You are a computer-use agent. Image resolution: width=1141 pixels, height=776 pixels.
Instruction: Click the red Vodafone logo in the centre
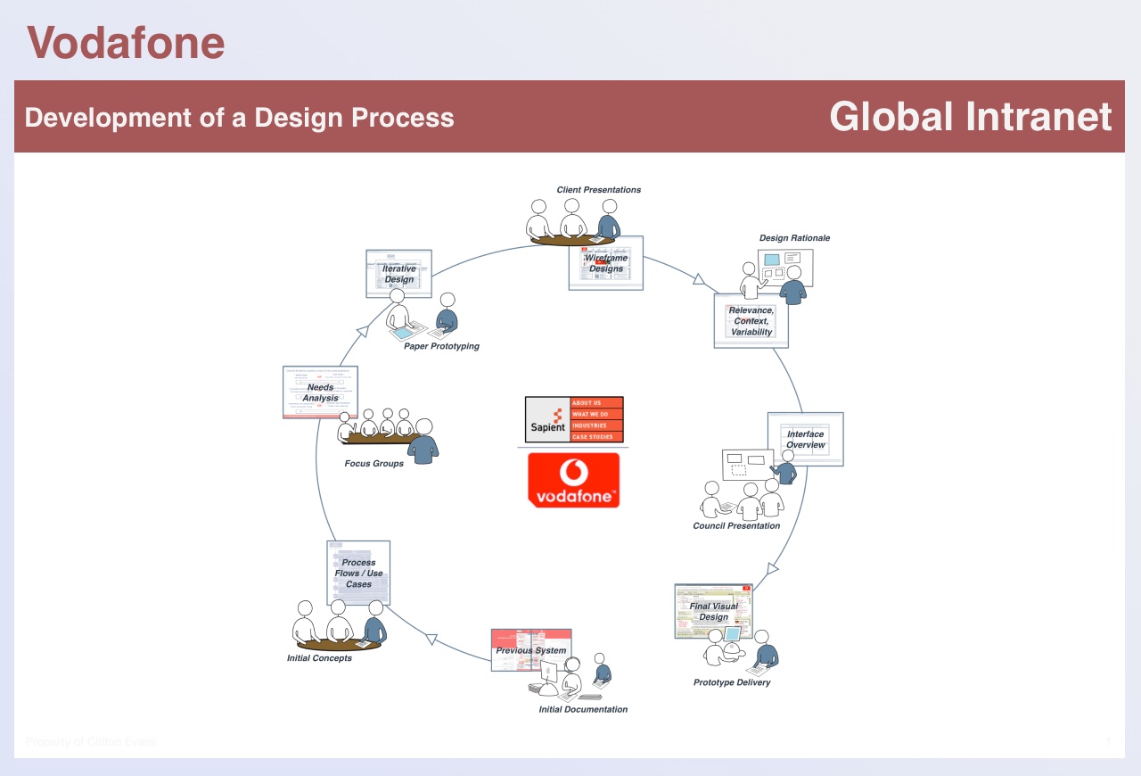tap(573, 480)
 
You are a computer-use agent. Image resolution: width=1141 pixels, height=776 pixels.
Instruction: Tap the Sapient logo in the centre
tap(574, 419)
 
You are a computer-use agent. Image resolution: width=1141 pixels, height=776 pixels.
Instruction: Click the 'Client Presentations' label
tap(598, 190)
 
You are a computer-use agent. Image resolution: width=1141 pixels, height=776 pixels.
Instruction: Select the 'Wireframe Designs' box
tap(606, 263)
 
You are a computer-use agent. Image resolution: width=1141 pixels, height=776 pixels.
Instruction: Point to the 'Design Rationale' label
tap(794, 238)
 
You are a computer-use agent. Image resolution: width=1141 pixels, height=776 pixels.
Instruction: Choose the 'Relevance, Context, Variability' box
tap(751, 321)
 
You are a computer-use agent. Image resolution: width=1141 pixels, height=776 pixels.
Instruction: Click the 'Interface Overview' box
tap(805, 439)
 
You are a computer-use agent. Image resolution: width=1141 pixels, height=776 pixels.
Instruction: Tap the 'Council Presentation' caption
tap(736, 526)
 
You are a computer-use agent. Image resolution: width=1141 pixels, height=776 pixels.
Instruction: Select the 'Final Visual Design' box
tap(713, 612)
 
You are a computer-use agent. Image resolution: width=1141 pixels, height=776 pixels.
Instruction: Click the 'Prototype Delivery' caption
tap(732, 683)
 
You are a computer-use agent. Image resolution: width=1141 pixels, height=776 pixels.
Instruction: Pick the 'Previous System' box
tap(531, 650)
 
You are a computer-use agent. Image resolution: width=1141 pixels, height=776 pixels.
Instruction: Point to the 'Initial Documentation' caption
tap(583, 710)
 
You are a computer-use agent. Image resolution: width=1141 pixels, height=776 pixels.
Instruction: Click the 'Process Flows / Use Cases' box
tap(358, 573)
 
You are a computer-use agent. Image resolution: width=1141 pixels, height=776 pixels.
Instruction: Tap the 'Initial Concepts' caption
tap(319, 658)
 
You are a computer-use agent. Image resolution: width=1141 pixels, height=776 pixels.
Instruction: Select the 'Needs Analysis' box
tap(320, 392)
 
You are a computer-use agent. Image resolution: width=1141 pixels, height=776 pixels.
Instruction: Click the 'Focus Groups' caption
tap(373, 464)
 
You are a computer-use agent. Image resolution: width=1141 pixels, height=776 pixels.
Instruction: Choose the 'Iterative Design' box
tap(398, 274)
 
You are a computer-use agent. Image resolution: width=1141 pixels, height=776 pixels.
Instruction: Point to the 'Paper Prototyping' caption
tap(441, 346)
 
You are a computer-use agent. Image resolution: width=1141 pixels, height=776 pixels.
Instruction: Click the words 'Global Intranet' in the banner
tap(970, 117)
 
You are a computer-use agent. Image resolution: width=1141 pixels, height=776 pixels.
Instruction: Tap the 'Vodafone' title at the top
tap(126, 43)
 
